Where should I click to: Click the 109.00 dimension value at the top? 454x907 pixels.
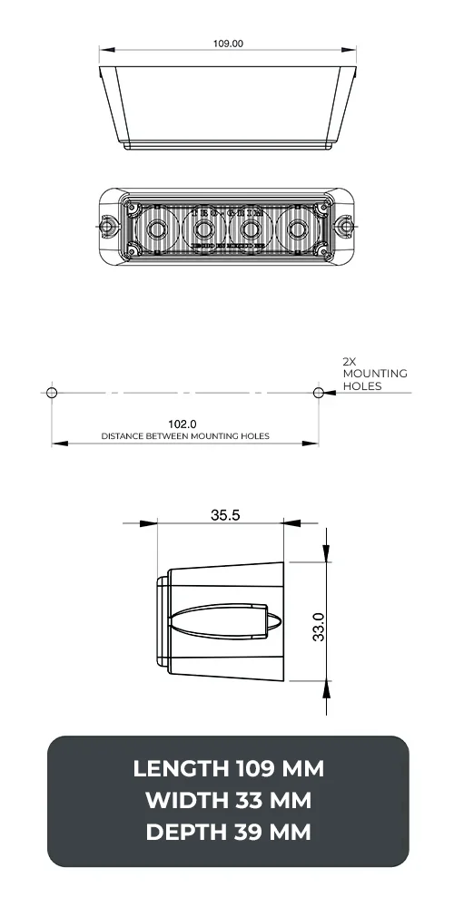[228, 42]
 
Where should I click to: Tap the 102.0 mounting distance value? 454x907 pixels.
[183, 424]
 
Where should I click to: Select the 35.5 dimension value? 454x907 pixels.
[225, 514]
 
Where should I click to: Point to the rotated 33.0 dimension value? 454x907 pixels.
[320, 626]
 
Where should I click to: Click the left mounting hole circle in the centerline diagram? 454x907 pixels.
[52, 392]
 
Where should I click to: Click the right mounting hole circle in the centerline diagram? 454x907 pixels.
[318, 392]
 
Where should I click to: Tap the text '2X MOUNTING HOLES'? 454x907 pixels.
[374, 374]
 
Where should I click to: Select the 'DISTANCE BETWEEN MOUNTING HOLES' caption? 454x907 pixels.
[184, 436]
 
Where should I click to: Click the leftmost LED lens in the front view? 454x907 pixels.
[157, 229]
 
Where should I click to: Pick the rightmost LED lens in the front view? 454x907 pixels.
[299, 229]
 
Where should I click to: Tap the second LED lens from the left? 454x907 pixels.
[203, 229]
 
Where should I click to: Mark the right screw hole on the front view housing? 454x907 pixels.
[345, 223]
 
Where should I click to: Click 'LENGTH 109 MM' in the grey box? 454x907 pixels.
[228, 769]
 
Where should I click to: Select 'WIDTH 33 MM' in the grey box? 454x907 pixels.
[228, 800]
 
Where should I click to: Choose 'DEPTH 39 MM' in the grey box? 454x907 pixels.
[228, 831]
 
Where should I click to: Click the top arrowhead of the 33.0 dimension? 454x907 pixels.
[325, 556]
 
